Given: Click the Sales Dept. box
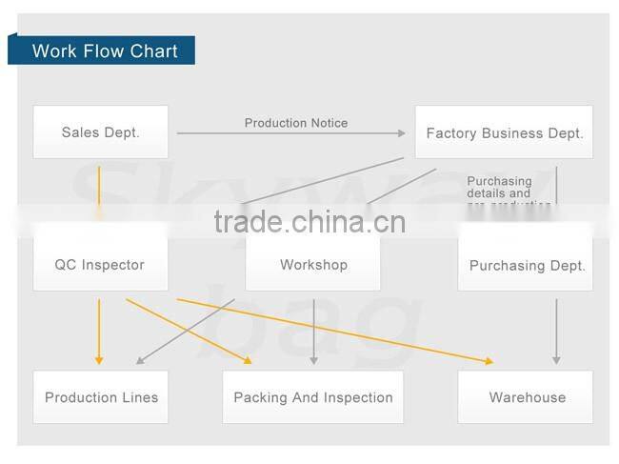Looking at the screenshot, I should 100,132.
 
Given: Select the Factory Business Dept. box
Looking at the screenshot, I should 504,132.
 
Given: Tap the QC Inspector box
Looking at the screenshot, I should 100,264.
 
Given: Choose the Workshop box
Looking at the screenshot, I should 313,264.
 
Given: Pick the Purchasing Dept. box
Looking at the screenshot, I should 527,265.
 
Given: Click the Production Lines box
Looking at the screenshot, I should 101,397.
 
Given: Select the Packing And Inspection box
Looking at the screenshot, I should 313,397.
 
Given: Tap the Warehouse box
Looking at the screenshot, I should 527,397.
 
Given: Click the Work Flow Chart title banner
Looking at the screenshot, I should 103,50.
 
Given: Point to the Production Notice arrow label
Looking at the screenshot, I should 296,123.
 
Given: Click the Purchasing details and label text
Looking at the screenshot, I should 499,187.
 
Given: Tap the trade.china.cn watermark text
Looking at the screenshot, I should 309,223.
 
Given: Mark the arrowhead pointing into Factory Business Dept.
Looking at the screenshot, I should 403,133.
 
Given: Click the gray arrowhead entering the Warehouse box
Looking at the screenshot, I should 556,359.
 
